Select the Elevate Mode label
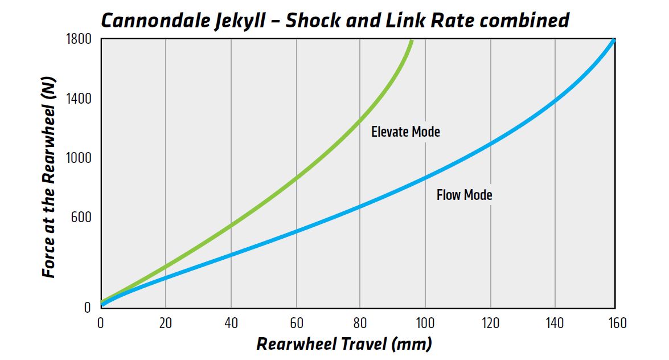pos(405,132)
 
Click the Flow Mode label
pos(464,195)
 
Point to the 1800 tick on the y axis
pos(79,39)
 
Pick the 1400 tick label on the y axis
pos(79,99)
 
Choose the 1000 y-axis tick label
pos(79,158)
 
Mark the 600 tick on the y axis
pos(81,218)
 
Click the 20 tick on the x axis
pos(166,323)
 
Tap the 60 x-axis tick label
pos(297,323)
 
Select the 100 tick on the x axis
pos(425,323)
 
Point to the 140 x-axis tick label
pos(555,323)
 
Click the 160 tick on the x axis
pos(617,323)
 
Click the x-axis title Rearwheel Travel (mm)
pos(344,344)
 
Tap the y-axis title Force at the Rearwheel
pos(49,177)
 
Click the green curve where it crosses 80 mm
pos(360,120)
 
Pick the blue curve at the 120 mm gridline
pos(491,144)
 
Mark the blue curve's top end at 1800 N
pos(614,40)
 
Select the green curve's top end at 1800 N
pos(411,40)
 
